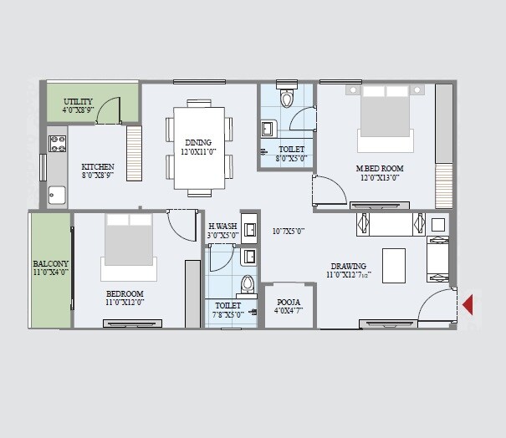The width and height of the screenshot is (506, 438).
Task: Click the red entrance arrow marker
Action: [x=468, y=303]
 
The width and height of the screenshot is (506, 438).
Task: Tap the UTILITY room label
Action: [x=78, y=101]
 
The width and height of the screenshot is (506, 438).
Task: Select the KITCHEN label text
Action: [x=97, y=167]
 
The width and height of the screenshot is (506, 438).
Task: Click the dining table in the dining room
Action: [x=199, y=147]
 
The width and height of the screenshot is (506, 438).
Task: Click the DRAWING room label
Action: [x=348, y=267]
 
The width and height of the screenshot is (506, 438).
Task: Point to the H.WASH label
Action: [x=222, y=227]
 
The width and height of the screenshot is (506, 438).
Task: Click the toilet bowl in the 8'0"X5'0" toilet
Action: [x=288, y=99]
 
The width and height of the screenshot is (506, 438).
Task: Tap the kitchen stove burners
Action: [x=58, y=143]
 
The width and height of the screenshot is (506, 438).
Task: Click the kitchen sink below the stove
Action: [x=57, y=195]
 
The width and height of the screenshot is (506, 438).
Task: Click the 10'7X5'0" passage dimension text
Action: [x=289, y=232]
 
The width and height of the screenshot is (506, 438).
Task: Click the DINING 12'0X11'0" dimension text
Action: [x=198, y=152]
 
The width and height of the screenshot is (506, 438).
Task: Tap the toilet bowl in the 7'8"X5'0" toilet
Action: [x=246, y=284]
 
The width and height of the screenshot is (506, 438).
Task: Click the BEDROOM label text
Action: [x=125, y=293]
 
